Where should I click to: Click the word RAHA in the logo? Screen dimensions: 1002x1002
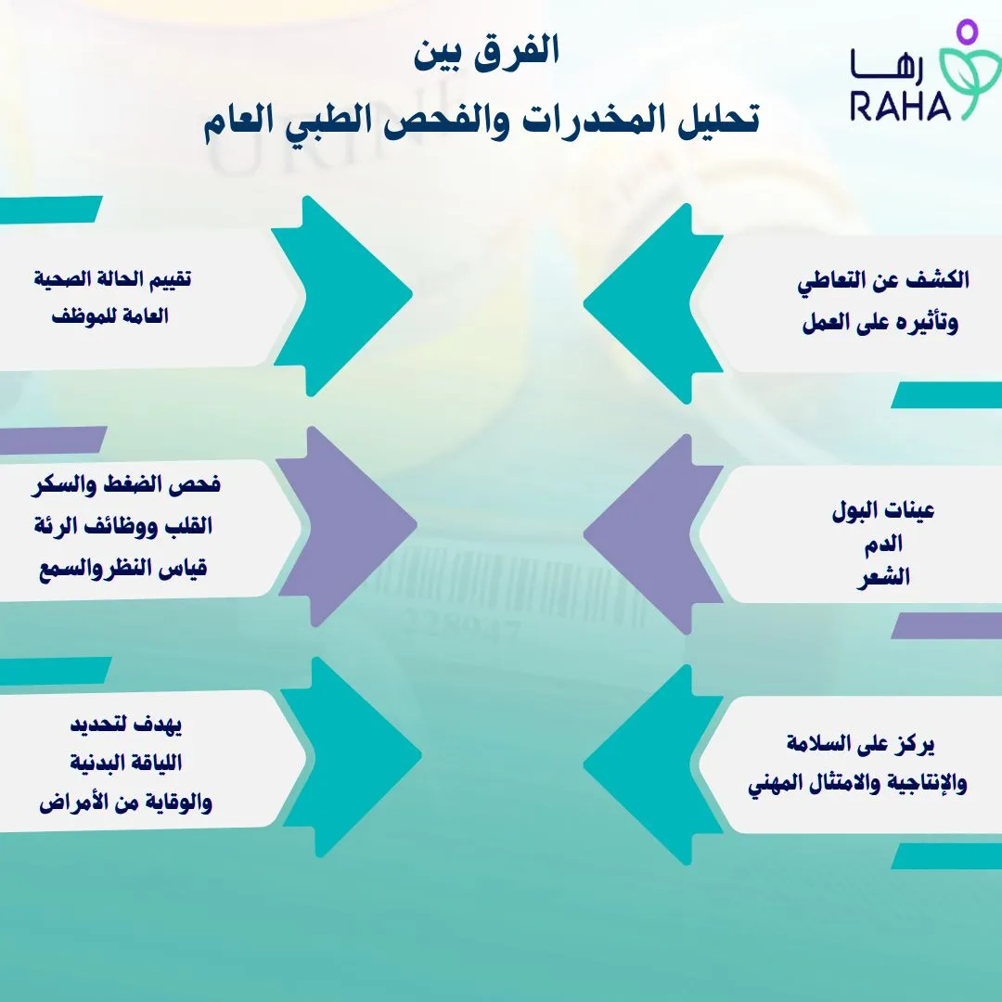pyautogui.click(x=900, y=105)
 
